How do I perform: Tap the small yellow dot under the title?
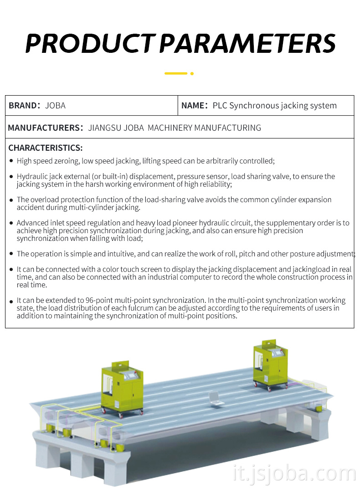point(192,73)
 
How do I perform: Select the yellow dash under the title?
point(175,73)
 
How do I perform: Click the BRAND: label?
point(25,106)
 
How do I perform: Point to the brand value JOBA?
point(55,106)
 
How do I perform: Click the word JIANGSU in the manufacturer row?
point(105,128)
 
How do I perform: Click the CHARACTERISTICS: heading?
point(46,148)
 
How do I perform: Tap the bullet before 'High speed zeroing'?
point(11,161)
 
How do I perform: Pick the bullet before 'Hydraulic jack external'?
point(11,176)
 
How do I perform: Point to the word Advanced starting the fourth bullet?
point(32,223)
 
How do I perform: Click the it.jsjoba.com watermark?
point(293,474)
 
